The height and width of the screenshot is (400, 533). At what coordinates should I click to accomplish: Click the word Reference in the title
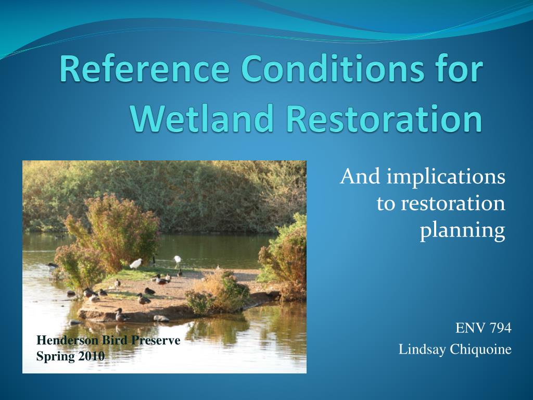(145, 68)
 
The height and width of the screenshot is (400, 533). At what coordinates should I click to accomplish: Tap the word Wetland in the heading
(202, 118)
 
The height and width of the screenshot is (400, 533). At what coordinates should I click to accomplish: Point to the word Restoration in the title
(384, 118)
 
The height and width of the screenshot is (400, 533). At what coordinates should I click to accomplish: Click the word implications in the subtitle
(446, 178)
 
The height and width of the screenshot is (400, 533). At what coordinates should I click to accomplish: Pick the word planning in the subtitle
(463, 231)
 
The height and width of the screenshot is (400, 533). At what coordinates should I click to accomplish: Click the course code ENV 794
(484, 328)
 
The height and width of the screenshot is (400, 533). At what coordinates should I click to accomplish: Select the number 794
(500, 328)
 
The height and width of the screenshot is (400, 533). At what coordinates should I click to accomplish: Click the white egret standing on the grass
(136, 263)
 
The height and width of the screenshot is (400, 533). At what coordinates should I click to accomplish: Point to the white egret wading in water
(177, 261)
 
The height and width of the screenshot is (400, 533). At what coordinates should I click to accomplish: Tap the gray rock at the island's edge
(161, 319)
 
